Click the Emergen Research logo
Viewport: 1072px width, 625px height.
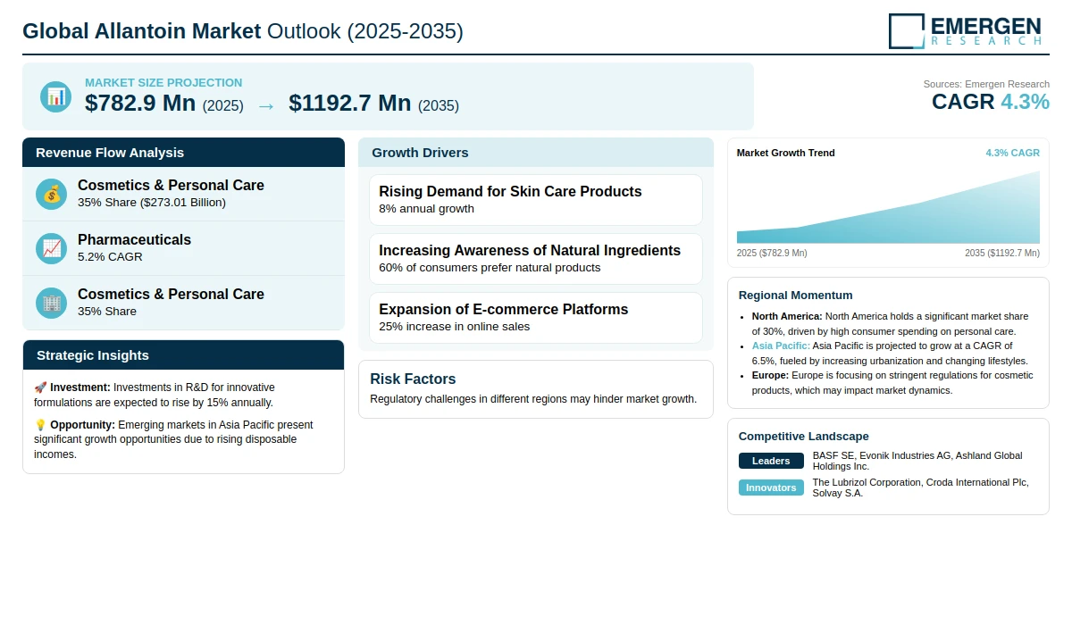coord(965,30)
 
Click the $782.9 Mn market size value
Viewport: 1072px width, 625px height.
coord(140,104)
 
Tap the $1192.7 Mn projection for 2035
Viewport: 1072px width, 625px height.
coord(350,104)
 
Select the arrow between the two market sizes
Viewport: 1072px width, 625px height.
coord(266,105)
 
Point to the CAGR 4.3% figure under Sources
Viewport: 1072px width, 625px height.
coord(990,102)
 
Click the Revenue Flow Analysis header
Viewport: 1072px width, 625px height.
coord(110,153)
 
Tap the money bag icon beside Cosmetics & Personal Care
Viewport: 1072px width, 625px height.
coord(52,194)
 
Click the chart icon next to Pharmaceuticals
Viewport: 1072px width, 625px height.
coord(52,248)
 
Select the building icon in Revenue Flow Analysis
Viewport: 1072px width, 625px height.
coord(52,303)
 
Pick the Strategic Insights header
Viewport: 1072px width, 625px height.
coord(93,355)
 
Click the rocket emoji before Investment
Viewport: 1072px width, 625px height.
coord(40,387)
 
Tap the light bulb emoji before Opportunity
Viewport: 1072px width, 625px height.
coord(40,425)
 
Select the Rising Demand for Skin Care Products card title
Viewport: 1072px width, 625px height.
coord(510,191)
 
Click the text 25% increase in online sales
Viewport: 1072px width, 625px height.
coord(454,326)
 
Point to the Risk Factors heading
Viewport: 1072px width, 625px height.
coord(413,379)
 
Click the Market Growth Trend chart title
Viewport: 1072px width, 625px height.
coord(785,153)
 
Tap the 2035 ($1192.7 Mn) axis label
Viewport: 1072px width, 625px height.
coord(1001,253)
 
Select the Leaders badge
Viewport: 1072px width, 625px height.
coord(771,461)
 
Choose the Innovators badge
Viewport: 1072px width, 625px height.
coord(771,487)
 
